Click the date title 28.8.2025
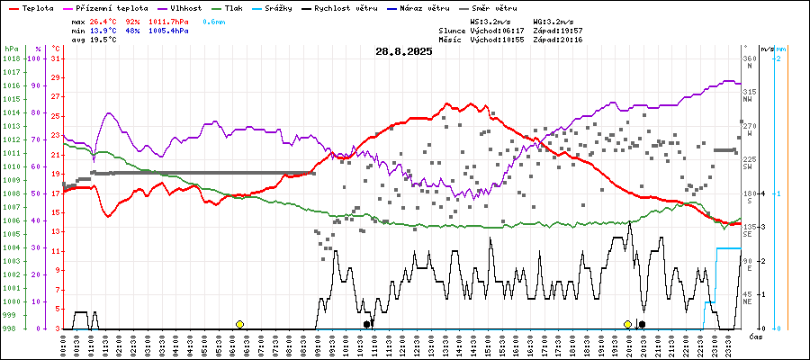(x=404, y=51)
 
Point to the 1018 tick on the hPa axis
(x=12, y=58)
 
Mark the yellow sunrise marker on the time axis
(x=239, y=324)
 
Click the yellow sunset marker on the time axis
(x=627, y=324)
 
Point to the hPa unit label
(x=12, y=49)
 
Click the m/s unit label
(x=765, y=49)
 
